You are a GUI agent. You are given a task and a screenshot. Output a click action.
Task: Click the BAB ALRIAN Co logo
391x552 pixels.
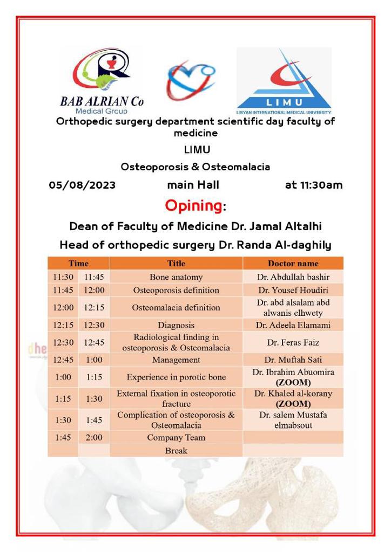[x=102, y=79]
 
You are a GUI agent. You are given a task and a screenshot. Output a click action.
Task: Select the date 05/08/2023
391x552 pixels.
[x=82, y=185]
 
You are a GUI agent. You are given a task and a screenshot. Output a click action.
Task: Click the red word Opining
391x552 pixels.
[x=193, y=205]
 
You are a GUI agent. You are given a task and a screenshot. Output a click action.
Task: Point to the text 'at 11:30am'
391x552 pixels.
[x=314, y=185]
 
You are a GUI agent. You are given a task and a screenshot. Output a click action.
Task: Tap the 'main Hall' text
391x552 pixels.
[x=193, y=185]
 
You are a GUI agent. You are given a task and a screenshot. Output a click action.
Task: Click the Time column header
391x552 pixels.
[x=79, y=264]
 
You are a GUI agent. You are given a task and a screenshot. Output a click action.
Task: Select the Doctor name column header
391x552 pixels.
[x=293, y=264]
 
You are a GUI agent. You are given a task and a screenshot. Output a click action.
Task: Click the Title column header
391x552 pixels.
[x=176, y=264]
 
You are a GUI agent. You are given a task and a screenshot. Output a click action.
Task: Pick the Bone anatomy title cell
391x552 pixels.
[x=176, y=277]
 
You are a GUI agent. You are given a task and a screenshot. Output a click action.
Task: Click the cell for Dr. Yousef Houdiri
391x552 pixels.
[x=293, y=290]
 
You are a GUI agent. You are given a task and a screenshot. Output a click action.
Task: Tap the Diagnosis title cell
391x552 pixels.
[x=176, y=325]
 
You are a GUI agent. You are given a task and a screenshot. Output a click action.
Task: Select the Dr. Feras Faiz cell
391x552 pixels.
[x=293, y=342]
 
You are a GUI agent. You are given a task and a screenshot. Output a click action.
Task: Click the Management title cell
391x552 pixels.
[x=176, y=360]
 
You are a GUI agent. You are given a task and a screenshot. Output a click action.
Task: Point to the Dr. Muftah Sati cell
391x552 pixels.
[x=293, y=360]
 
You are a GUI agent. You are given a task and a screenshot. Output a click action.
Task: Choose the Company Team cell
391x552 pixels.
[x=176, y=437]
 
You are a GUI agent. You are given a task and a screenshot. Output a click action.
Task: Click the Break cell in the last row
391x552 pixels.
[x=176, y=450]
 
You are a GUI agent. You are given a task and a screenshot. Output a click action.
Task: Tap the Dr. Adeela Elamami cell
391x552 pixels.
[x=293, y=325]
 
